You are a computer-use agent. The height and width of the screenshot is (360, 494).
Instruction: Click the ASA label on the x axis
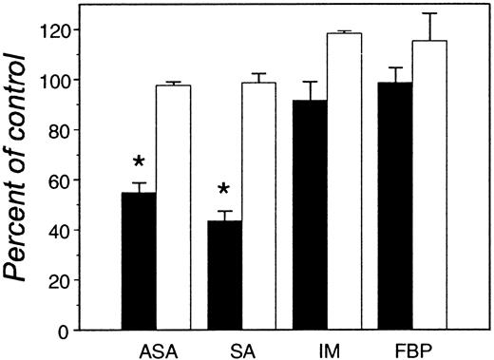tap(158, 350)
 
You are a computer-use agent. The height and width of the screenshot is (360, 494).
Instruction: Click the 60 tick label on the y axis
tap(85, 180)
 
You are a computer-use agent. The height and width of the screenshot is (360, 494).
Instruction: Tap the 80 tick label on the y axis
tap(85, 130)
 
